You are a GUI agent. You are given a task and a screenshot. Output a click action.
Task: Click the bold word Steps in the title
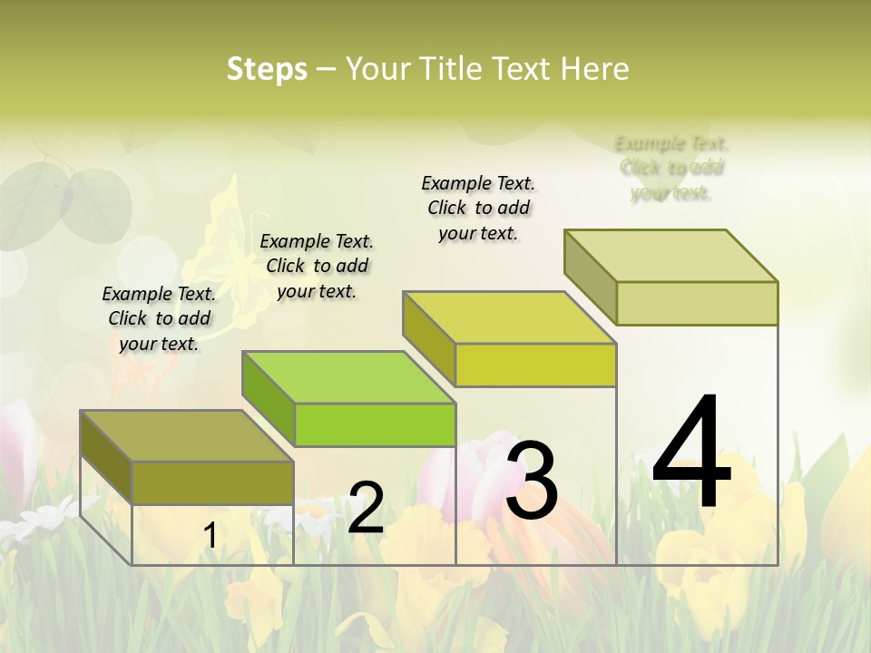[x=267, y=69]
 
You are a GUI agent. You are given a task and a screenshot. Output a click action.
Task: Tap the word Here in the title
[x=595, y=69]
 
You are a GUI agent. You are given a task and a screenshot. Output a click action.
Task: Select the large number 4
[x=691, y=453]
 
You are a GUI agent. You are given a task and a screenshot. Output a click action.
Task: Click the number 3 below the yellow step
[x=532, y=480]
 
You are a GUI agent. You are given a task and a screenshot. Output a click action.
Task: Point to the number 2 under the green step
[x=366, y=508]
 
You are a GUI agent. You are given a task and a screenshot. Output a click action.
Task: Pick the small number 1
[x=210, y=536]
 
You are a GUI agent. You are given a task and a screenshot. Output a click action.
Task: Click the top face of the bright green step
[x=348, y=377]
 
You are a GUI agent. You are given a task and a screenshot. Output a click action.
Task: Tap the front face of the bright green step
[x=375, y=424]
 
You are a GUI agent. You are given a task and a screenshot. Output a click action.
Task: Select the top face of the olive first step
[x=187, y=436]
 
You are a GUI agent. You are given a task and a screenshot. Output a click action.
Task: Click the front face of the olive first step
[x=212, y=482]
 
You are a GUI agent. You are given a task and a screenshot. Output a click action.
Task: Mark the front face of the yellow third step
[x=535, y=365]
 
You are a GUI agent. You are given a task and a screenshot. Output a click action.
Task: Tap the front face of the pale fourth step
[x=697, y=303]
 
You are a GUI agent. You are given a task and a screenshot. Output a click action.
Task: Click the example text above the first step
[x=159, y=318]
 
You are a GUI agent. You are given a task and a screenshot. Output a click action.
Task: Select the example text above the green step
[x=317, y=266]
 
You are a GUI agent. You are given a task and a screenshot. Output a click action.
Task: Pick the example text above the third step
[x=478, y=208]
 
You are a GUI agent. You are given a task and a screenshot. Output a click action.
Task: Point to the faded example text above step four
[x=671, y=168]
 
